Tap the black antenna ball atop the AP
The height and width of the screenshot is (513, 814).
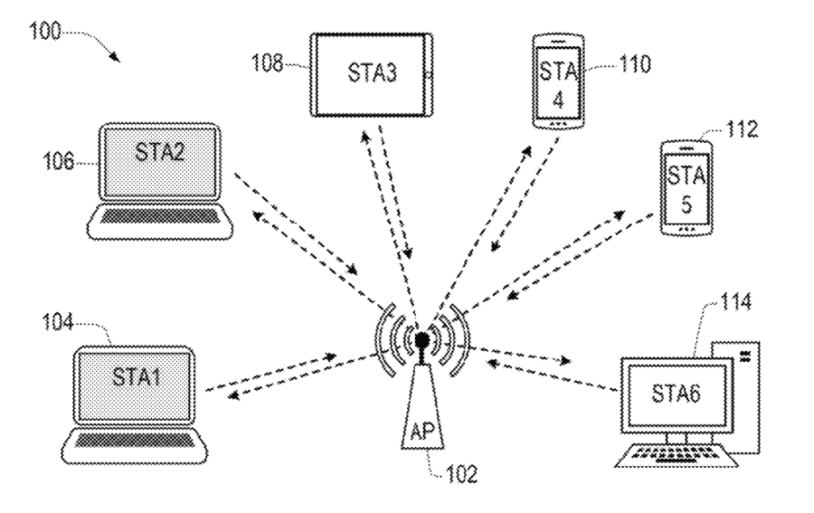pos(422,340)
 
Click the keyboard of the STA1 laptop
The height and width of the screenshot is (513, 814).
pos(134,442)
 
